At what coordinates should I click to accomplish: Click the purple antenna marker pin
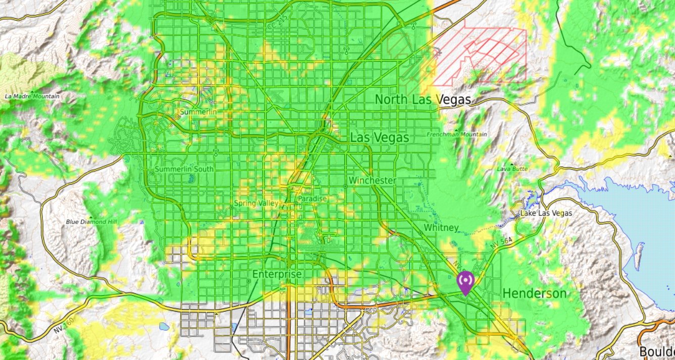tap(465, 282)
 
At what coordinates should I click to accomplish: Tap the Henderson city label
tap(534, 293)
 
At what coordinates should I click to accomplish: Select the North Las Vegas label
tap(423, 99)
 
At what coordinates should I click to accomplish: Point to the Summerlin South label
tap(184, 169)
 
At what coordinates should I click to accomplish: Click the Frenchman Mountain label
tap(457, 134)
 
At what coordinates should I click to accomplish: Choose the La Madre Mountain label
tap(32, 96)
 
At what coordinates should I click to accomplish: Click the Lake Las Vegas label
tap(546, 213)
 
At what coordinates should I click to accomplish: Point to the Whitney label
tap(441, 228)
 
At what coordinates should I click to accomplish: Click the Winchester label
tap(372, 180)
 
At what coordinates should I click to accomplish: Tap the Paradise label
tap(312, 199)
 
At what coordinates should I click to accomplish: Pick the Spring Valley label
tap(256, 203)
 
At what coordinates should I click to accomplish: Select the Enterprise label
tap(277, 274)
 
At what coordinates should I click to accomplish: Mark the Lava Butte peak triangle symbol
tap(512, 164)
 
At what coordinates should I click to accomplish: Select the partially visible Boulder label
tap(656, 351)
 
